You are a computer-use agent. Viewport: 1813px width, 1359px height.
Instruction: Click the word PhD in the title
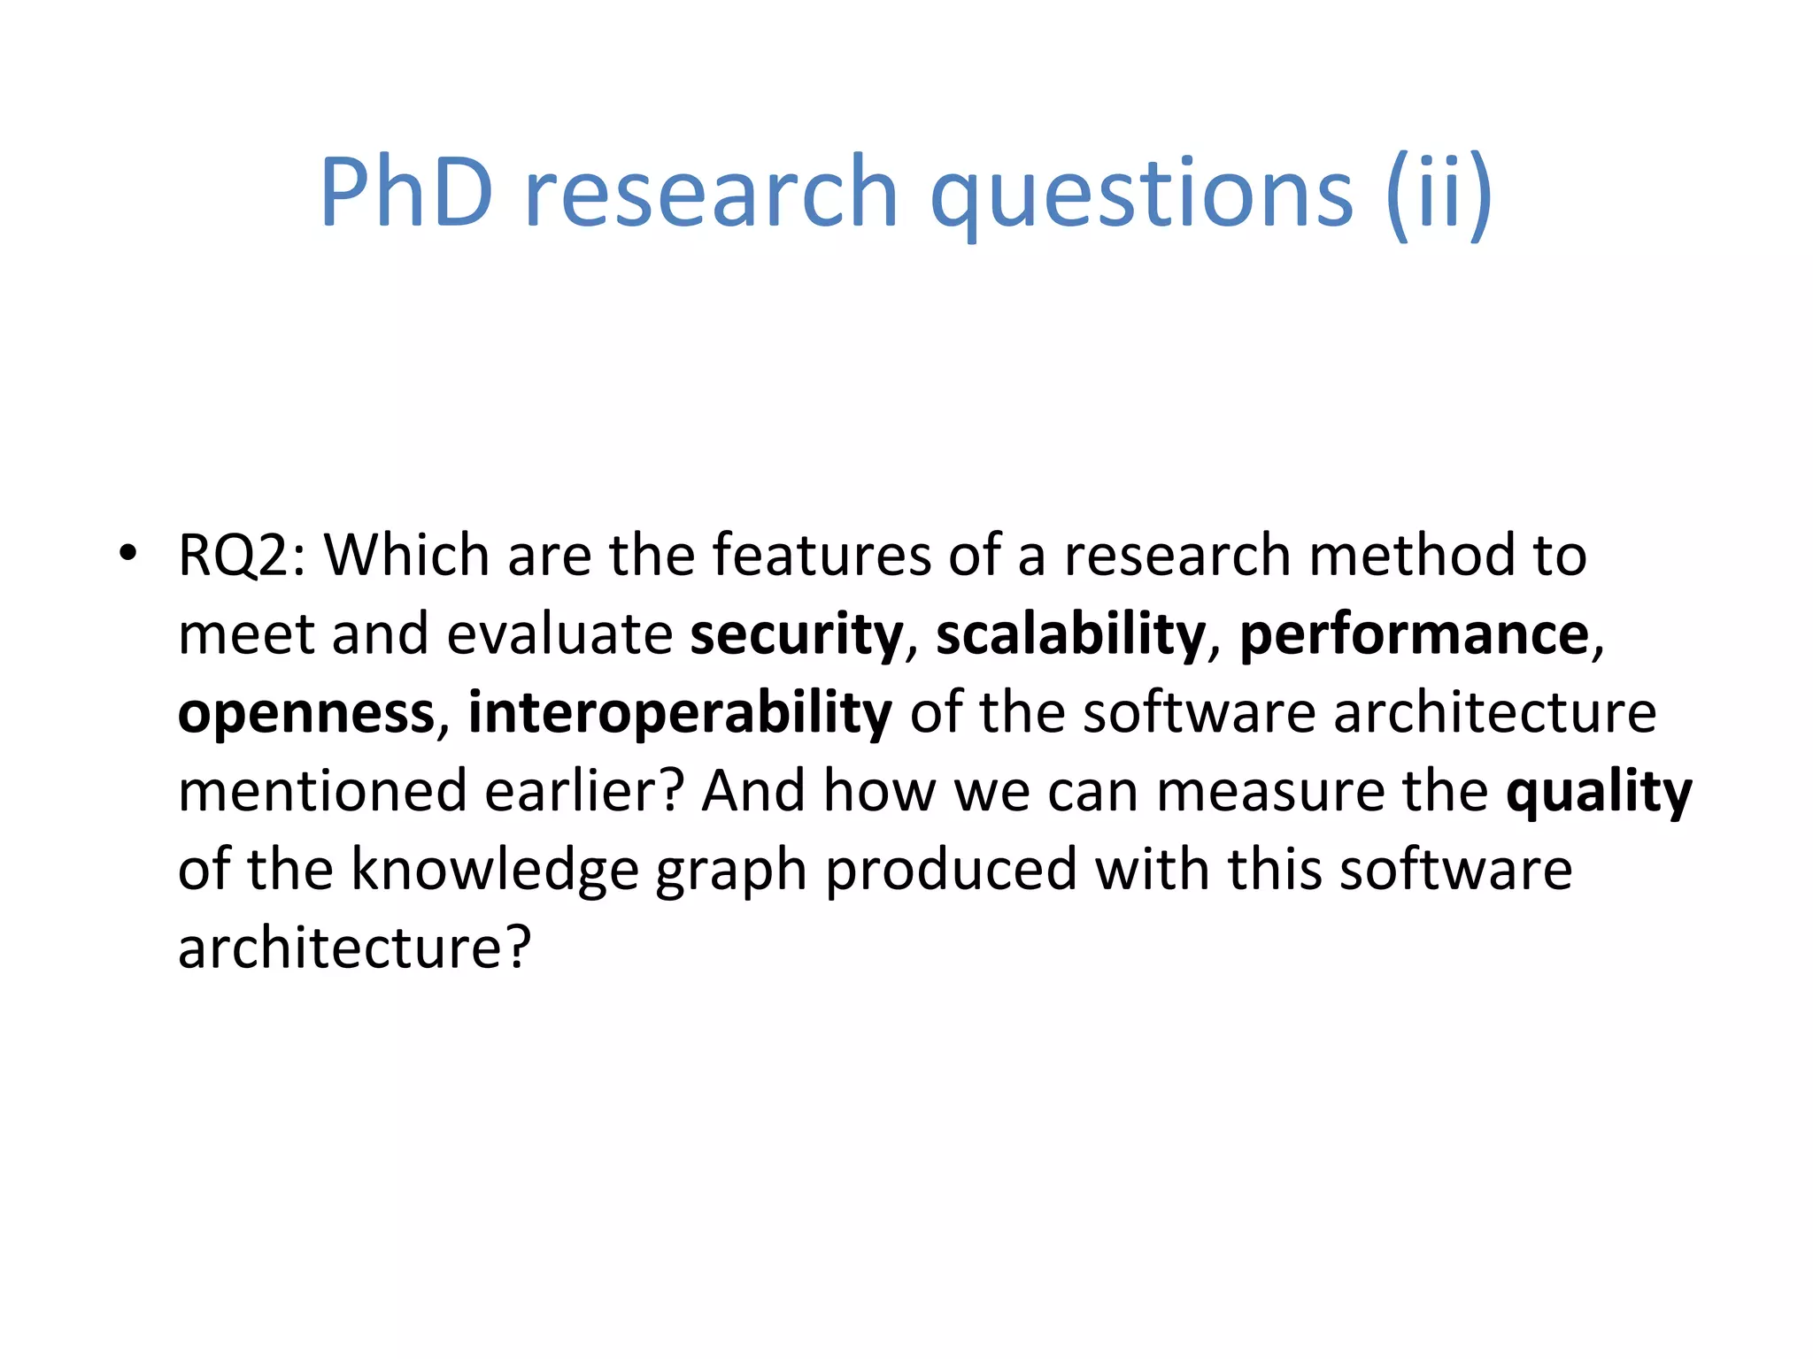pyautogui.click(x=406, y=191)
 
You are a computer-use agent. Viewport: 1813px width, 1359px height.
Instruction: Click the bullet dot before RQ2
pyautogui.click(x=128, y=553)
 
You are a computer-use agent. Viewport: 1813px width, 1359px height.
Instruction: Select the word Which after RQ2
pyautogui.click(x=406, y=556)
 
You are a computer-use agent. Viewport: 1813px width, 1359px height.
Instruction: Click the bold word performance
pyautogui.click(x=1415, y=634)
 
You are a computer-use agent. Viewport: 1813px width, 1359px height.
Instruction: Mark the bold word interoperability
pyautogui.click(x=680, y=713)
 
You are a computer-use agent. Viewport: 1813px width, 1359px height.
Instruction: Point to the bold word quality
pyautogui.click(x=1599, y=792)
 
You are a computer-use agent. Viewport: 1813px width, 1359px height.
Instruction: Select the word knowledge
pyautogui.click(x=495, y=870)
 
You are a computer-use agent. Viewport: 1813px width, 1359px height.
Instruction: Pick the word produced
pyautogui.click(x=951, y=870)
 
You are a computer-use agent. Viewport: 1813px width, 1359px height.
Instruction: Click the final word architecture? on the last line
pyautogui.click(x=354, y=948)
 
